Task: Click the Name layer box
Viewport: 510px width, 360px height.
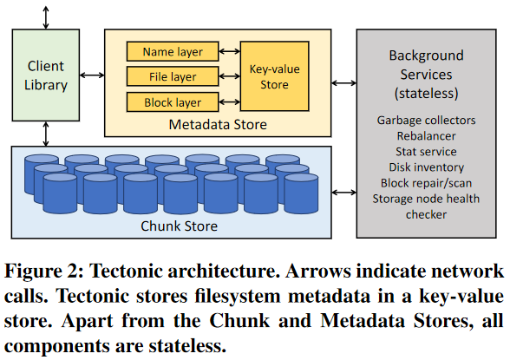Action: pos(173,51)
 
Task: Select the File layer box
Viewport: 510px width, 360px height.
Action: pos(173,76)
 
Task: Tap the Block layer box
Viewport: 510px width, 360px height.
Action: pos(173,102)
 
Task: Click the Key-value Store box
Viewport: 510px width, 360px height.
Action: pos(274,76)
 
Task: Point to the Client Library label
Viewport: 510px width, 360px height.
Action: pos(46,75)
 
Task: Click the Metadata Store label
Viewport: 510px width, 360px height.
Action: pos(218,125)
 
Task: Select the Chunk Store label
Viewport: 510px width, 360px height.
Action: pos(179,226)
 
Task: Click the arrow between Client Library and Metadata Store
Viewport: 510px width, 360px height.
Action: pos(92,75)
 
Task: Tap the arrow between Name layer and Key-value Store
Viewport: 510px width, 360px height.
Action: pos(229,51)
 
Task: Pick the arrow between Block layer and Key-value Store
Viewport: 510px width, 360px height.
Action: pos(229,101)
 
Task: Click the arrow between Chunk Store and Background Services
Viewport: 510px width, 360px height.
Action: pos(344,193)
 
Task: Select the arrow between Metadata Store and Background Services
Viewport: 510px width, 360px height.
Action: pos(344,83)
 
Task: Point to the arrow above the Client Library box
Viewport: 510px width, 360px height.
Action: pos(46,17)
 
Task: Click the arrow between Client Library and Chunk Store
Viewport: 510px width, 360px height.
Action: pos(46,134)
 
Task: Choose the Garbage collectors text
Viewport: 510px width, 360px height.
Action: pos(426,121)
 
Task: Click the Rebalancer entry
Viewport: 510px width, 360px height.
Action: pos(426,136)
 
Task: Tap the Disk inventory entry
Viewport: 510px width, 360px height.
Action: pos(426,167)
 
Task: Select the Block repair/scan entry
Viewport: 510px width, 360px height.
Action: pos(426,183)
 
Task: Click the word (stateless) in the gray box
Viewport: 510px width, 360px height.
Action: pos(426,94)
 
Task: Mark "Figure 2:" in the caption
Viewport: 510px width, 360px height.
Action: pos(44,271)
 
